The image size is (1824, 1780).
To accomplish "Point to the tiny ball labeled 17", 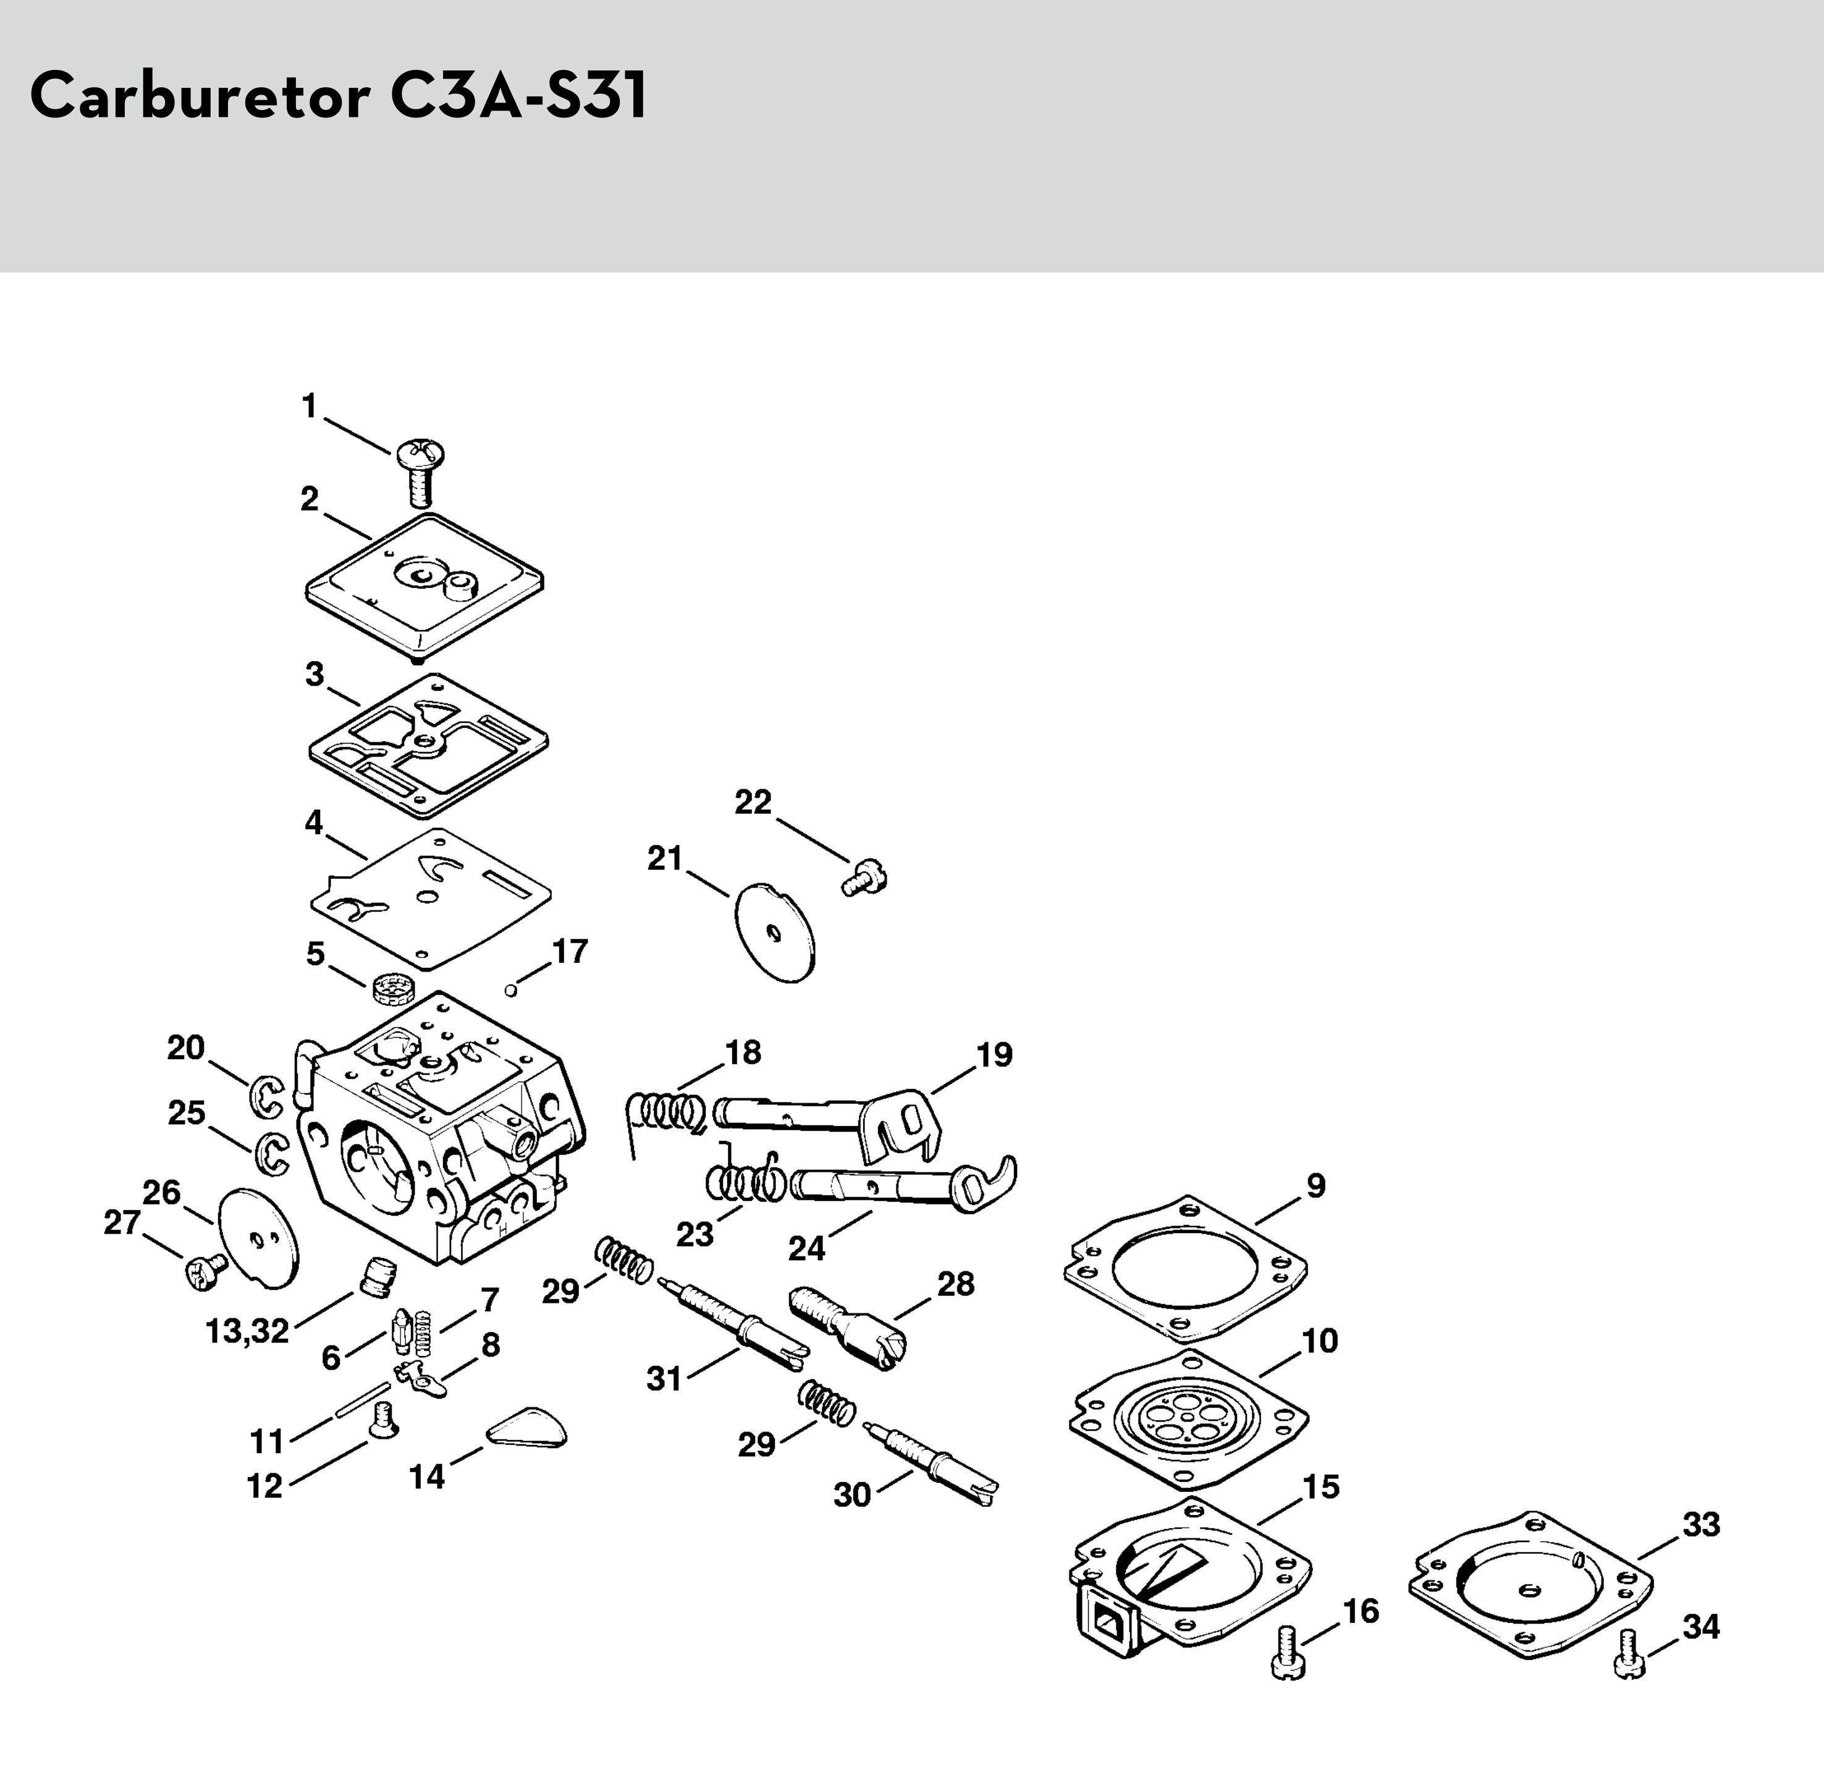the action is tap(510, 989).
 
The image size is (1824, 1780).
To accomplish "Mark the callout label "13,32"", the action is tap(248, 1331).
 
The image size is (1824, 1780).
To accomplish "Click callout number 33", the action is tap(1700, 1525).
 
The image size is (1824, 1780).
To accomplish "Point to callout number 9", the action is tap(1315, 1186).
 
